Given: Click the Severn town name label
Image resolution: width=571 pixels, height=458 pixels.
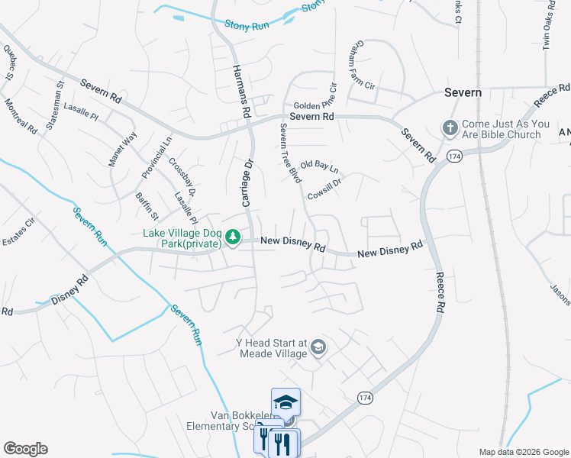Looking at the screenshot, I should point(463,92).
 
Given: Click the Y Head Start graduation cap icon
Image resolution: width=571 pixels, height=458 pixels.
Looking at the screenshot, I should point(318,348).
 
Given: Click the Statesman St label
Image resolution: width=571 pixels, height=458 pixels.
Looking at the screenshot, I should point(55,106).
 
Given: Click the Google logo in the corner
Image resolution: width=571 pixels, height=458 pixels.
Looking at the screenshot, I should point(25,449).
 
